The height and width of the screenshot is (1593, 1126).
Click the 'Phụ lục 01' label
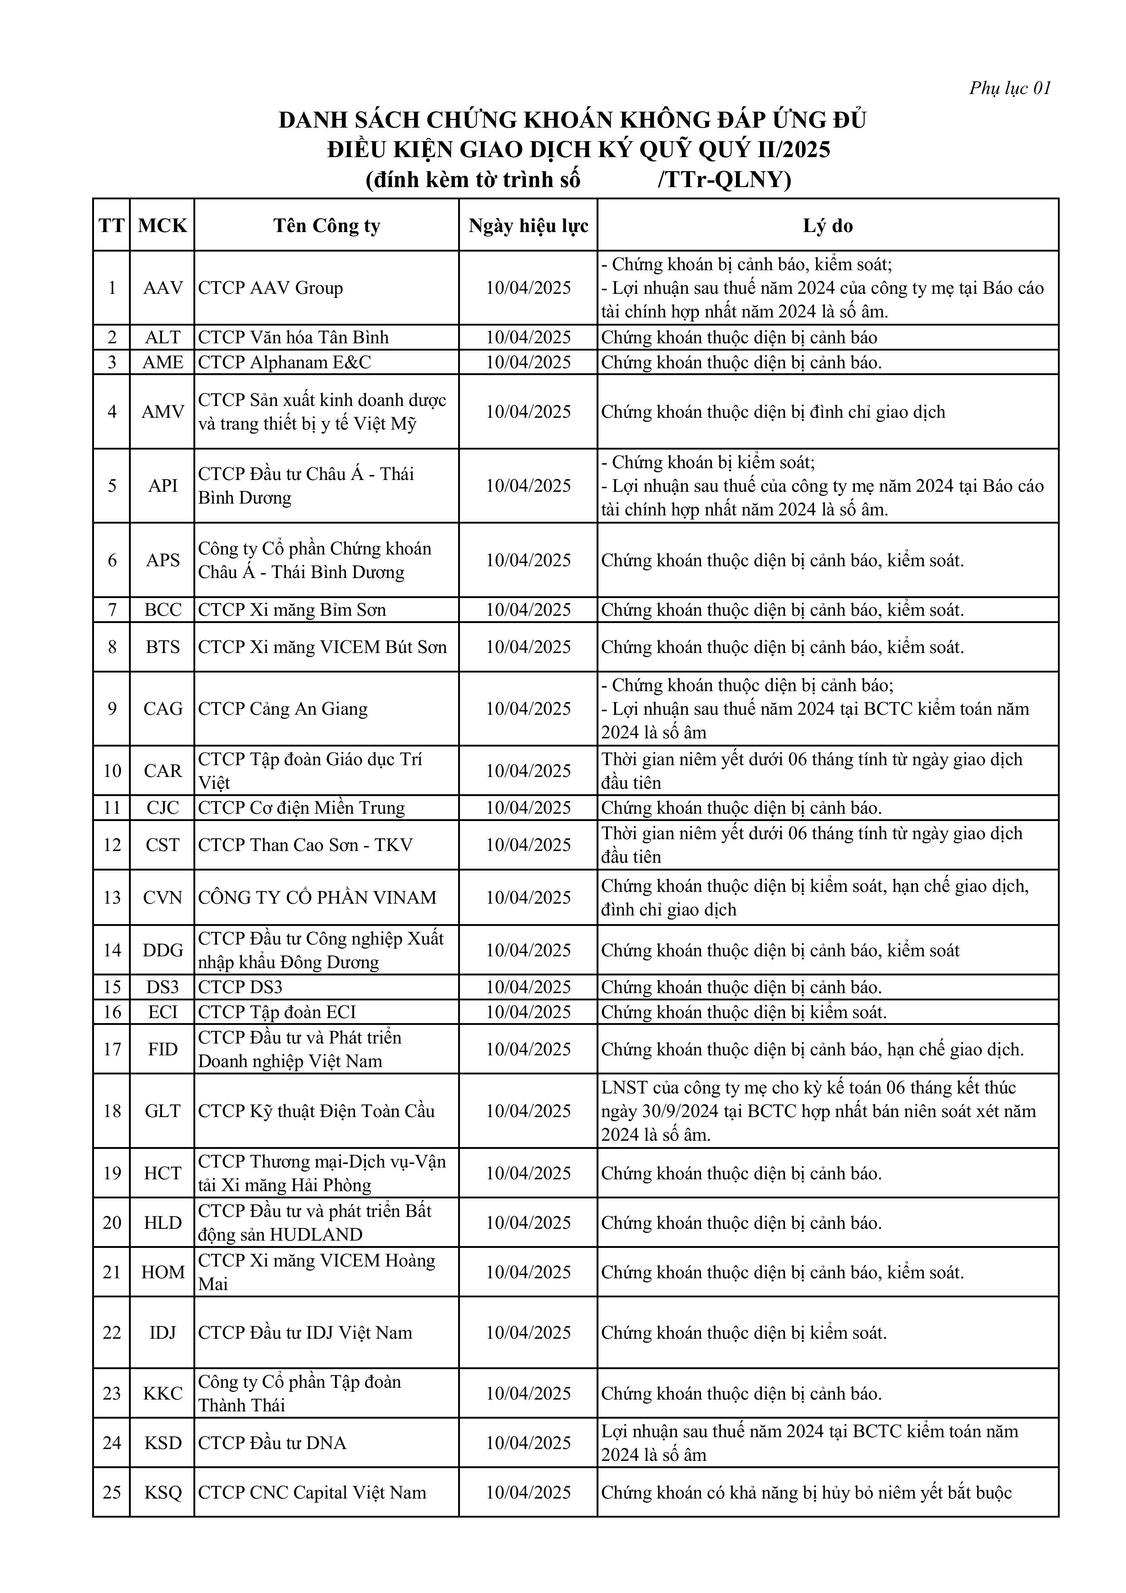click(1009, 88)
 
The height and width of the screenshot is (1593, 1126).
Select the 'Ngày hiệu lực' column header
click(528, 226)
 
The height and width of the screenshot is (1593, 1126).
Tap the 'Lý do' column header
click(828, 226)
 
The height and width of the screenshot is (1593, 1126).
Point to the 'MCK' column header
click(163, 226)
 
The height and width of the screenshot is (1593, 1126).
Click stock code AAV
click(163, 288)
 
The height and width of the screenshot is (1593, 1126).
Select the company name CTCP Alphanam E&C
click(284, 362)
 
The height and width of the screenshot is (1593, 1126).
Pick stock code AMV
click(163, 411)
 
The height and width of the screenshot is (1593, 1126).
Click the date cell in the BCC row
click(528, 610)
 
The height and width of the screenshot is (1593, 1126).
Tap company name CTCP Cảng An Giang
click(283, 708)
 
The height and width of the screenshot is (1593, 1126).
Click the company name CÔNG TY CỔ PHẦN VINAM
click(317, 897)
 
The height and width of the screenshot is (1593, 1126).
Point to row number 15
click(112, 987)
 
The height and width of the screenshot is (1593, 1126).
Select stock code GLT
click(163, 1111)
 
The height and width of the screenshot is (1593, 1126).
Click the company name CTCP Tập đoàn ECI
click(277, 1012)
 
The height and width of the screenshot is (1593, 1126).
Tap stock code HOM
click(163, 1272)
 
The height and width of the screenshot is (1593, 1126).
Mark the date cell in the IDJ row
click(528, 1332)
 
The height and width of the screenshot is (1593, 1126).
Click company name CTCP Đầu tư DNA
click(272, 1442)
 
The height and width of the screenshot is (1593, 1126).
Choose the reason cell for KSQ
click(806, 1492)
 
